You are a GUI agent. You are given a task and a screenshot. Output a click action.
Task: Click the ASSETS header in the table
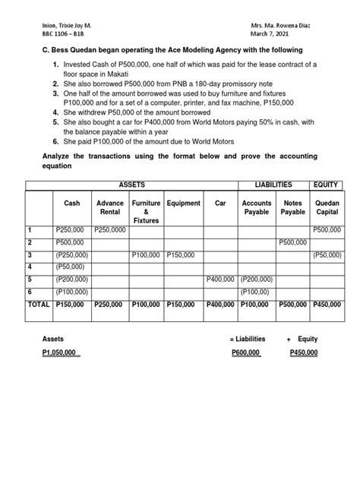(131, 185)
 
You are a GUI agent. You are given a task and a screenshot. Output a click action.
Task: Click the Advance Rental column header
(109, 207)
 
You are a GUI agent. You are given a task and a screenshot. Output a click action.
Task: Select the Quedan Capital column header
(327, 207)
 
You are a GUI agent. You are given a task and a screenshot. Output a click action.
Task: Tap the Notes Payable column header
(292, 207)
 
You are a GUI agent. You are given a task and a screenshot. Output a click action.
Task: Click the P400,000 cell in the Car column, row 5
(221, 279)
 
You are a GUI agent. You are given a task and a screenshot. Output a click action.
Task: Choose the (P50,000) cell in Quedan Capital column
(327, 255)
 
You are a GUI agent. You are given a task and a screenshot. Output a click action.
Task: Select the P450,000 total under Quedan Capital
(327, 304)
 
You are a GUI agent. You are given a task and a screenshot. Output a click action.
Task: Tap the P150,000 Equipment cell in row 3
(182, 255)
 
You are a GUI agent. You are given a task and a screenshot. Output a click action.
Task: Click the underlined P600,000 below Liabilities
(244, 353)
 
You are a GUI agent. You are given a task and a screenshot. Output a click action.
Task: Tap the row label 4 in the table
(30, 267)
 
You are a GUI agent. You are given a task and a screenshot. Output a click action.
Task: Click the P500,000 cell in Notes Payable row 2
(292, 242)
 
